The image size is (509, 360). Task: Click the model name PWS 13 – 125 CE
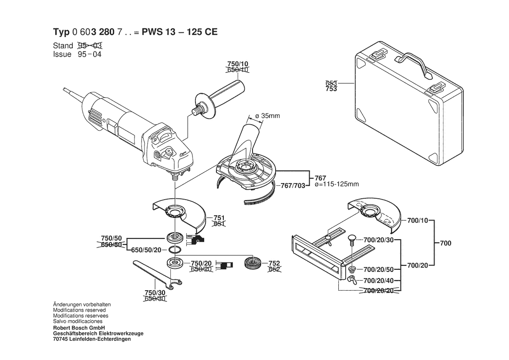[182, 32]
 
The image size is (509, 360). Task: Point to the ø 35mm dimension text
[267, 116]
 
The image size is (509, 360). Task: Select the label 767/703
[293, 186]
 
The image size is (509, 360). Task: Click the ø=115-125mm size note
[336, 184]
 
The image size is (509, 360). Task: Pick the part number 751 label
[219, 218]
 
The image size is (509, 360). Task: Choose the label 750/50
[111, 238]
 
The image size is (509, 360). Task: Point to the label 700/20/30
[378, 240]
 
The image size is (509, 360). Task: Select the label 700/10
[418, 221]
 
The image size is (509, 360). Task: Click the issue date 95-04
[89, 54]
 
